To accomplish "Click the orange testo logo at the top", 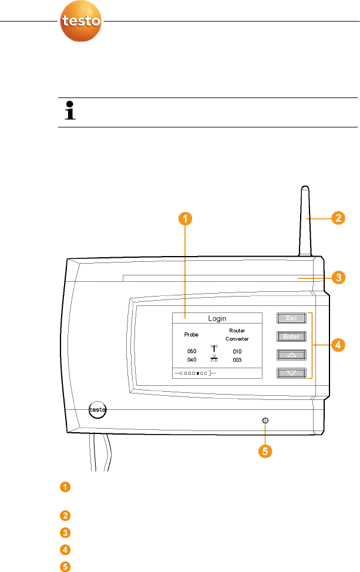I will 82,22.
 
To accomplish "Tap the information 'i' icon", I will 70,112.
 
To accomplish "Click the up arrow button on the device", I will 292,355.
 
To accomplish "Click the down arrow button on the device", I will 292,372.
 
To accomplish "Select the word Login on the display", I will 217,318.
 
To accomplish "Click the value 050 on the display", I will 191,351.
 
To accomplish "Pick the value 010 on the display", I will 237,351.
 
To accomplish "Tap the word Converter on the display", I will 237,339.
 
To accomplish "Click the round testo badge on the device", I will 98,409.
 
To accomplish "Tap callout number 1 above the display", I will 184,220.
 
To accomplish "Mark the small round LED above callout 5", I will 265,420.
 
